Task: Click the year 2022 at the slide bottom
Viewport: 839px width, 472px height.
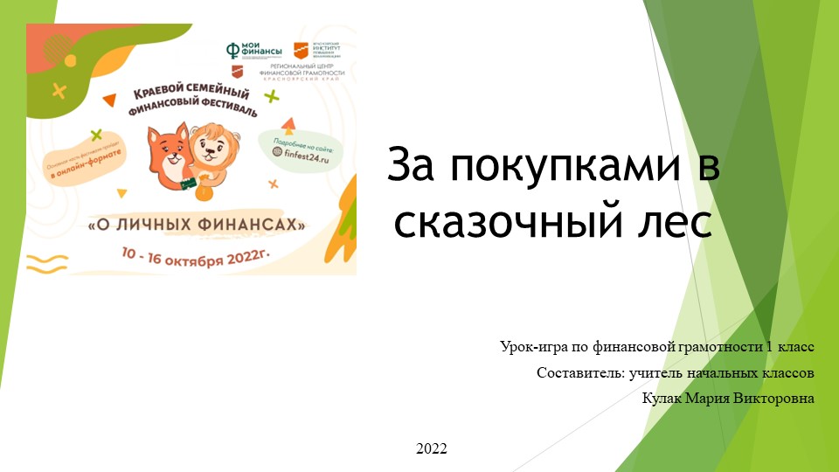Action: point(432,449)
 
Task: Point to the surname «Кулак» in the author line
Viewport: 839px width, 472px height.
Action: point(663,399)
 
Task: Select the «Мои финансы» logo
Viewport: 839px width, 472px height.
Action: point(248,51)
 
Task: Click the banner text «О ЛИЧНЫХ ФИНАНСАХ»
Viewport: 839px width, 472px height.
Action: point(198,225)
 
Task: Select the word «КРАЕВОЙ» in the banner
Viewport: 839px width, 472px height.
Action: point(158,94)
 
